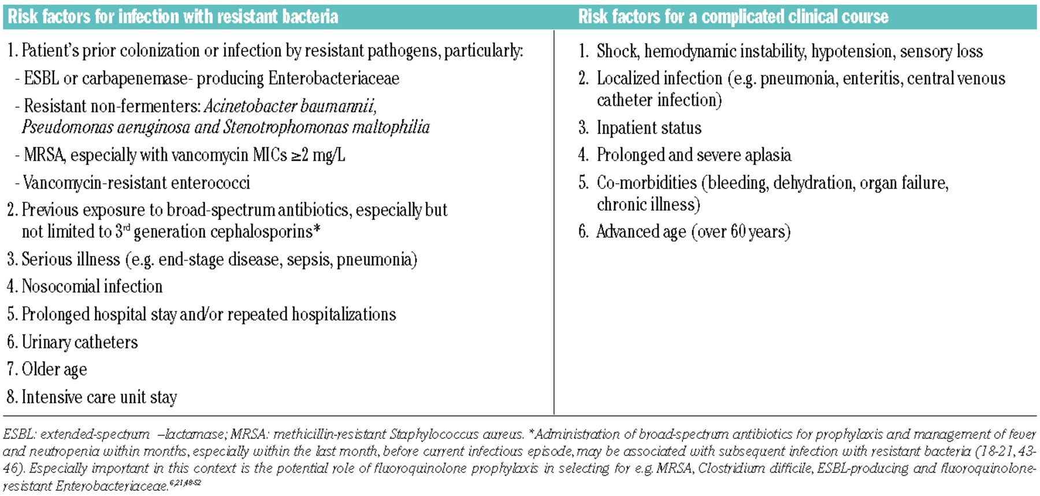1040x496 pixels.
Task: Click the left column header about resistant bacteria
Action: coord(173,16)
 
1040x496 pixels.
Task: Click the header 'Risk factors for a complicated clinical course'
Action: coord(733,16)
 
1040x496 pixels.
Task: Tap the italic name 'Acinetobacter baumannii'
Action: coord(290,106)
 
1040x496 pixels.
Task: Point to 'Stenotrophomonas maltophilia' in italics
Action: coord(326,127)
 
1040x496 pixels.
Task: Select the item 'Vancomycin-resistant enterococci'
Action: coord(136,183)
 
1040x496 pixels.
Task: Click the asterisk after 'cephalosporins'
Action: coord(317,230)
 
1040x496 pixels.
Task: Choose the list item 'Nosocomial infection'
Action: coord(92,286)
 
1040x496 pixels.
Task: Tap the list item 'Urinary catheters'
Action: coord(80,342)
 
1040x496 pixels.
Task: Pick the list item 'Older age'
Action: coord(54,369)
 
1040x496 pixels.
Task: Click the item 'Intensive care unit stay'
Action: coord(99,397)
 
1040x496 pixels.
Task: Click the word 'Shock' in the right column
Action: coord(617,51)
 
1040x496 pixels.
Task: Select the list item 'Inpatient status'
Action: coord(649,128)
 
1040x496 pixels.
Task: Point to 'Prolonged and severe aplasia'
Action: coord(693,155)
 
